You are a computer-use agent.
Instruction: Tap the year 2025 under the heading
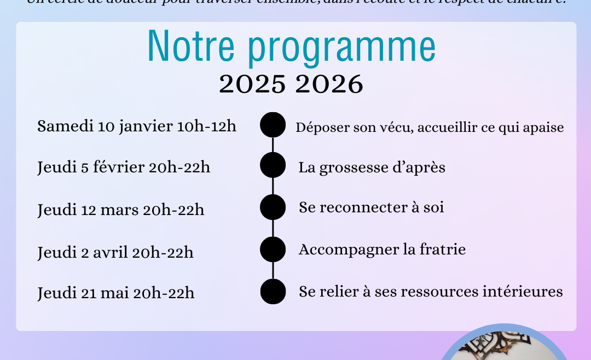pyautogui.click(x=252, y=85)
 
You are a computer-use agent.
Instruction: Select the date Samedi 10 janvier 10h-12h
pyautogui.click(x=137, y=126)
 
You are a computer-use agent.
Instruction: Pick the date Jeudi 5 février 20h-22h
pyautogui.click(x=124, y=167)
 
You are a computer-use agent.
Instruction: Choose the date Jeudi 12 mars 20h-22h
pyautogui.click(x=121, y=210)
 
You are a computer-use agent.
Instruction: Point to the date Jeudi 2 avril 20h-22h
pyautogui.click(x=115, y=252)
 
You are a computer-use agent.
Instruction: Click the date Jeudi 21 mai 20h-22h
pyautogui.click(x=116, y=293)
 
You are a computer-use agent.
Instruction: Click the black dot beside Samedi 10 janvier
pyautogui.click(x=273, y=125)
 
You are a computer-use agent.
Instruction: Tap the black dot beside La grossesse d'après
pyautogui.click(x=273, y=165)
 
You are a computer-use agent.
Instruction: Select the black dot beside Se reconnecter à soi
pyautogui.click(x=273, y=207)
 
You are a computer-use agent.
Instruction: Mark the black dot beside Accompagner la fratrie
pyautogui.click(x=273, y=249)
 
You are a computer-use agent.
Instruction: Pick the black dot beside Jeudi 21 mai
pyautogui.click(x=273, y=291)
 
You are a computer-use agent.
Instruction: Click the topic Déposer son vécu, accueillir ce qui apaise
pyautogui.click(x=430, y=127)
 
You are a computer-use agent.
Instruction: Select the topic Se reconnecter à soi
pyautogui.click(x=371, y=208)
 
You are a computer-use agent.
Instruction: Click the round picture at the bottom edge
pyautogui.click(x=504, y=344)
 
